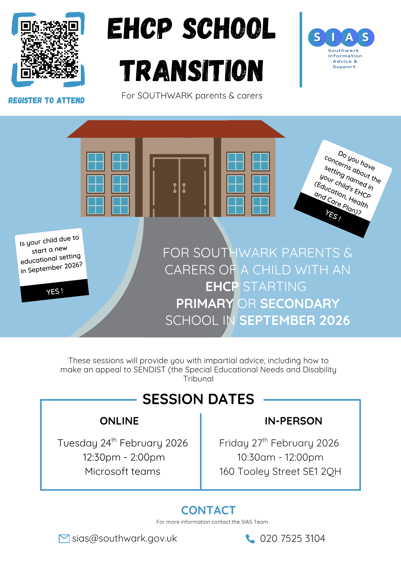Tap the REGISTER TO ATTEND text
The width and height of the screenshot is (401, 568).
pyautogui.click(x=47, y=101)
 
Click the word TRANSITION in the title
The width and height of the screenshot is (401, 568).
pyautogui.click(x=191, y=71)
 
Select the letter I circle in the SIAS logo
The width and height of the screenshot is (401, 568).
pyautogui.click(x=333, y=37)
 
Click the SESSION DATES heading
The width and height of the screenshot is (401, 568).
pyautogui.click(x=198, y=399)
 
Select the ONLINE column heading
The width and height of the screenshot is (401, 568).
pyautogui.click(x=119, y=421)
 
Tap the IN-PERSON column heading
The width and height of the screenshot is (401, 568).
pyautogui.click(x=293, y=421)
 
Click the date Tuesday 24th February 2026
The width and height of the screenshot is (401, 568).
pyautogui.click(x=123, y=443)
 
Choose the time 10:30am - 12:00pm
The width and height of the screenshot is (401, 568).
pyautogui.click(x=280, y=457)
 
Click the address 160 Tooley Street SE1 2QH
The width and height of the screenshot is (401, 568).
pyautogui.click(x=280, y=471)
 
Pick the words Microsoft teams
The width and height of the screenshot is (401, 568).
pyautogui.click(x=123, y=471)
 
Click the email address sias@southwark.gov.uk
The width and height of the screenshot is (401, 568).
pyautogui.click(x=124, y=538)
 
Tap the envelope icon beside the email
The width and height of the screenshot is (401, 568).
pyautogui.click(x=64, y=538)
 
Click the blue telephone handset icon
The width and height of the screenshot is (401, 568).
pyautogui.click(x=250, y=538)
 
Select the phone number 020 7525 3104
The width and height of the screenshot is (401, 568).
pyautogui.click(x=292, y=538)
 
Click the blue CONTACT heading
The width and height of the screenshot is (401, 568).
pyautogui.click(x=208, y=510)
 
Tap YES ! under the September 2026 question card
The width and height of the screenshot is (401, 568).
pyautogui.click(x=54, y=291)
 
